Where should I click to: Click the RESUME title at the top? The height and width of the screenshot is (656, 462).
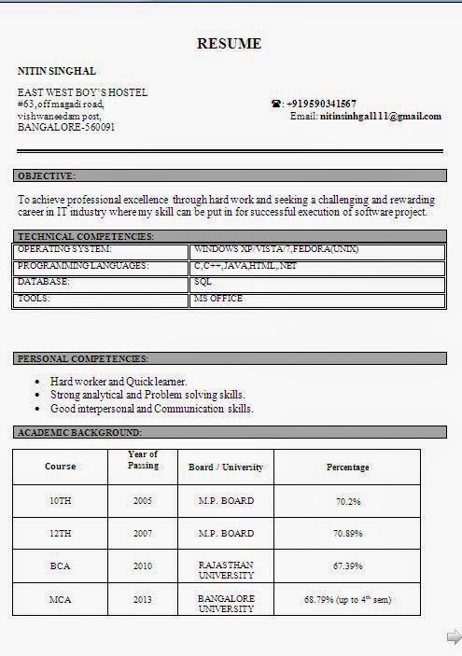point(230,44)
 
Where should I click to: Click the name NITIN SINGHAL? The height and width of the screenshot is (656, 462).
point(57,71)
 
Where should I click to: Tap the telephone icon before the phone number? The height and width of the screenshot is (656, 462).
point(276,104)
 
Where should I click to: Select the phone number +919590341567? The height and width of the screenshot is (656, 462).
point(321,104)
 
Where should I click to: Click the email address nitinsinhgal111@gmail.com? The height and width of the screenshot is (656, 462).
point(380,116)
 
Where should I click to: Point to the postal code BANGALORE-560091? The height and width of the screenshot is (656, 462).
point(66,126)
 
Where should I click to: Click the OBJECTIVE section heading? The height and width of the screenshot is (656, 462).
point(47,175)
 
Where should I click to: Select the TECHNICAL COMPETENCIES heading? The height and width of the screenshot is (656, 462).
point(85,237)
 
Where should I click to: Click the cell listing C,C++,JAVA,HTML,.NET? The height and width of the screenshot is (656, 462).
point(245,267)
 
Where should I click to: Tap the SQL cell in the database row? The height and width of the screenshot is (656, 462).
point(203,282)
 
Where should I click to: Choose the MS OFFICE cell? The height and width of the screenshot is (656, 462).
point(217,299)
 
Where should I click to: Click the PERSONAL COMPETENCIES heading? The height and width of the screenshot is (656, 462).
point(83,358)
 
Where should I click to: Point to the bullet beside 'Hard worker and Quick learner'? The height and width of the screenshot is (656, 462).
point(36,382)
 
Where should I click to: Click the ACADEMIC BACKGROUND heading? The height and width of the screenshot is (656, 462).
point(79,432)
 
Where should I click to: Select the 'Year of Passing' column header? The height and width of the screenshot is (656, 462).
point(143,460)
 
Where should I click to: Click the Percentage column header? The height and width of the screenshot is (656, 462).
point(347,467)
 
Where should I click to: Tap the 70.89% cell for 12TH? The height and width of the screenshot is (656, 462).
point(347,534)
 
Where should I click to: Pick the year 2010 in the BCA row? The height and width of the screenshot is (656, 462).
point(143,566)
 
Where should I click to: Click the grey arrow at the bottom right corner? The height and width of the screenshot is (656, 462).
point(453,636)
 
